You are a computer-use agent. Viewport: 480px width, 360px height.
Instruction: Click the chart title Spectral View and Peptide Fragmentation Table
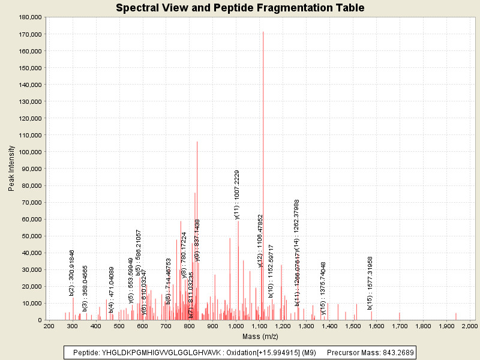click(x=240, y=8)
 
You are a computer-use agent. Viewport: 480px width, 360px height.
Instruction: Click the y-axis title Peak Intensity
click(x=12, y=169)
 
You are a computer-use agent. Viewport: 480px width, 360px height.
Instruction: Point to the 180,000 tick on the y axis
click(x=29, y=17)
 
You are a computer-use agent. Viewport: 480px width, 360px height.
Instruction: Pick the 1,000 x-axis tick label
click(x=236, y=326)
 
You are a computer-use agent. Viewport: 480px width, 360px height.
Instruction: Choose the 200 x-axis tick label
click(x=49, y=326)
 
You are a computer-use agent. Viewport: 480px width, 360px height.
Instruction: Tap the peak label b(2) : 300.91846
click(x=72, y=272)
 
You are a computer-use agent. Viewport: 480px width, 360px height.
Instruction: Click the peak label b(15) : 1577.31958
click(x=370, y=283)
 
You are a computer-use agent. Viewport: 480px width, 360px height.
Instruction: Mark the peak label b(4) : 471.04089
click(x=112, y=290)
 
